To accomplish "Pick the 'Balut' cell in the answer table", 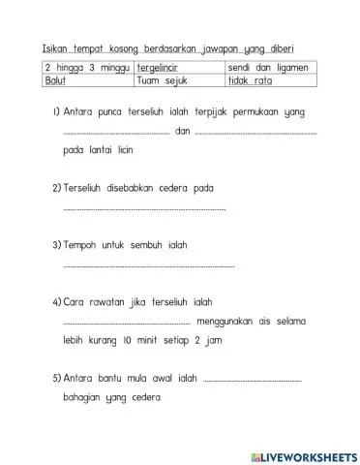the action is pos(85,81).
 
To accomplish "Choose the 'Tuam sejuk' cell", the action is pos(178,81).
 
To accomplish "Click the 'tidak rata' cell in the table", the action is pos(270,81).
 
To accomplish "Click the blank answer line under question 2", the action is pos(143,209).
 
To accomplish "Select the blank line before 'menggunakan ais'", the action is pos(126,324).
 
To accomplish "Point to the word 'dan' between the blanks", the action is pos(183,133).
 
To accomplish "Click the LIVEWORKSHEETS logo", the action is pos(303,455).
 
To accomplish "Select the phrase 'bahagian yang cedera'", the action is pos(111,398).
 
